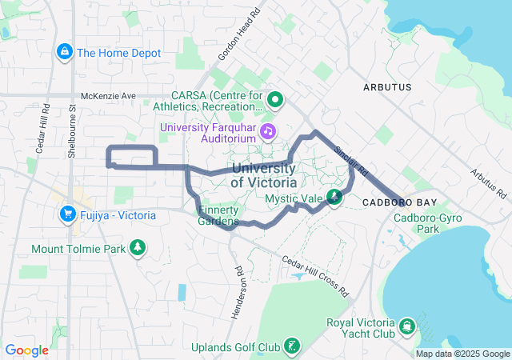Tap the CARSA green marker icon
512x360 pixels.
276,101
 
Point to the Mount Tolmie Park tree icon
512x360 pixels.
138,249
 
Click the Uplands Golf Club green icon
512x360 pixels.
294,347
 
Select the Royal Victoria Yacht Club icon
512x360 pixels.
408,326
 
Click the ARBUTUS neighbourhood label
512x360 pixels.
386,86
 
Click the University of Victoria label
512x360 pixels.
264,175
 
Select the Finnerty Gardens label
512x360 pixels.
218,215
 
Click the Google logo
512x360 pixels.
27,350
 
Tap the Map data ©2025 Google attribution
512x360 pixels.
462,354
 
